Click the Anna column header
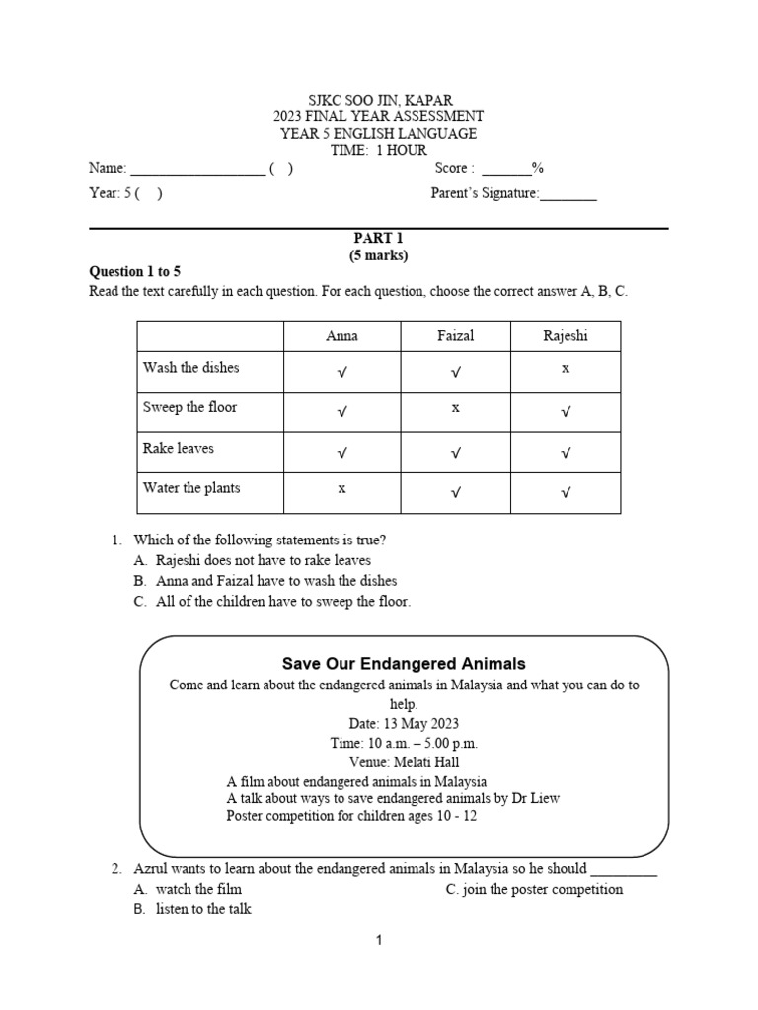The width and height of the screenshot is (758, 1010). tap(341, 336)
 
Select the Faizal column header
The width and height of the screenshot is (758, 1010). tap(455, 336)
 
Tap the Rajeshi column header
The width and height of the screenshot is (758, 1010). tap(566, 336)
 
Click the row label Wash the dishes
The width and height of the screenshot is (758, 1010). tap(191, 368)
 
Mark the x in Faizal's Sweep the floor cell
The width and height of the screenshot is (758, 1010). tap(455, 406)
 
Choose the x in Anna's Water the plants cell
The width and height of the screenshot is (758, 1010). tap(341, 487)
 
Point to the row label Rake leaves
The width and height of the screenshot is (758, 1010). tap(179, 448)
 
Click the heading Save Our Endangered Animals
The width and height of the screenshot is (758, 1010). tap(404, 664)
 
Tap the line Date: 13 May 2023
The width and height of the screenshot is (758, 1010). tap(404, 723)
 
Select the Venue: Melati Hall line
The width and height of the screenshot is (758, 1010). tap(404, 762)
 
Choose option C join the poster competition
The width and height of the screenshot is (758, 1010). tap(534, 889)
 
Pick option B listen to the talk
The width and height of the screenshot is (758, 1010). tap(202, 909)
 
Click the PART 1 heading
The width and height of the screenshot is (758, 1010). tap(379, 238)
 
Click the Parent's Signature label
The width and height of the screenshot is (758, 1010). tap(485, 193)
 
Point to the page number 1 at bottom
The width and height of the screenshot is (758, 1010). tap(379, 941)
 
